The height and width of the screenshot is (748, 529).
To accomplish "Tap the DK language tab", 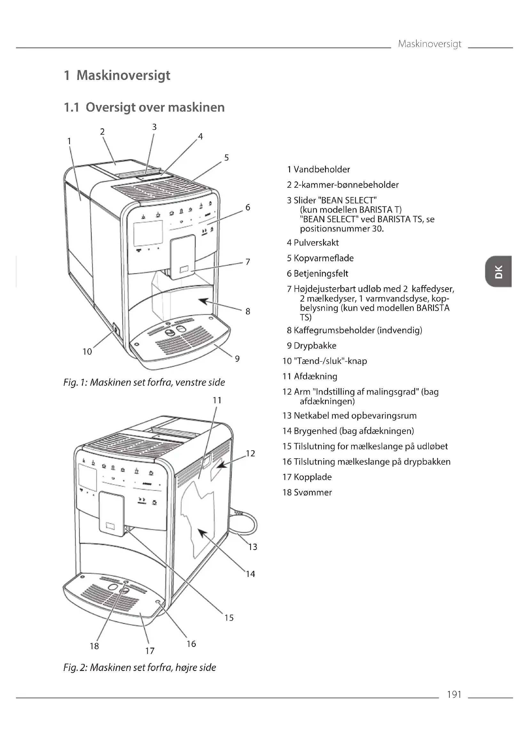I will [498, 272].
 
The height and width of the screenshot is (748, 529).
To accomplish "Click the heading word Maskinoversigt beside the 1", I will [123, 75].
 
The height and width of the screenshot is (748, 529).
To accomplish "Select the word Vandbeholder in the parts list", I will [321, 169].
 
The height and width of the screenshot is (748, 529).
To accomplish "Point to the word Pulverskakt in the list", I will [316, 243].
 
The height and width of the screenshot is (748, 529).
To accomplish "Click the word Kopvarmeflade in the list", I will [323, 258].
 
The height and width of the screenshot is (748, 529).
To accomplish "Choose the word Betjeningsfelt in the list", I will [321, 273].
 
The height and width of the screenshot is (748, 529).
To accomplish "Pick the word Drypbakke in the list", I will [315, 345].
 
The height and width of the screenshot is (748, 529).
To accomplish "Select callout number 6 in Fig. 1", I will [248, 208].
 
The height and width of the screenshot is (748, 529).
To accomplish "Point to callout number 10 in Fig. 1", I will [87, 351].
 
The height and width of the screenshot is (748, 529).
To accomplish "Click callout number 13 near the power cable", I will [253, 547].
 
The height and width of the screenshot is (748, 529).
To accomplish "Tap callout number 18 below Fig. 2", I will [94, 646].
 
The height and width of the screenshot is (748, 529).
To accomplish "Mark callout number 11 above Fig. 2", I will [217, 400].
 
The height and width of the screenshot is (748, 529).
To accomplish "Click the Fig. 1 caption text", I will [144, 382].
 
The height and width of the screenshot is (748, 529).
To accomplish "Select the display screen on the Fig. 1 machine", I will [148, 233].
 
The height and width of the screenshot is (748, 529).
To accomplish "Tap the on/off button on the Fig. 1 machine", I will [116, 330].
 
